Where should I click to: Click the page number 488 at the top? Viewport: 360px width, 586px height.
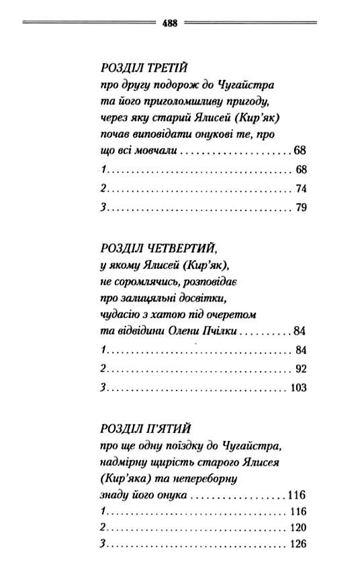coord(169,22)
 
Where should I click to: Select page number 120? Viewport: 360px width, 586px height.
coord(296,527)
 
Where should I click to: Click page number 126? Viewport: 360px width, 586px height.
coord(296,545)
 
